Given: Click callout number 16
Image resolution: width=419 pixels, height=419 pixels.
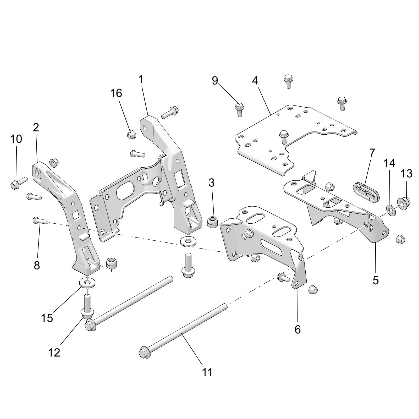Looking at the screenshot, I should (116, 93).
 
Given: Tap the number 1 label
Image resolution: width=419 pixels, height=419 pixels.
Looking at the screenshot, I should (141, 79).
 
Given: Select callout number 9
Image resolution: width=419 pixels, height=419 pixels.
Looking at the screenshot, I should (215, 81).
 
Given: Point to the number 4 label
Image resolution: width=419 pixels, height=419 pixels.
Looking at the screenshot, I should (255, 81).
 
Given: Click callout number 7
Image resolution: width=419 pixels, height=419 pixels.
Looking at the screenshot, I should (372, 152).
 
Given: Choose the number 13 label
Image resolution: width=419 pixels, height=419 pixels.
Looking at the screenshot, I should (406, 174).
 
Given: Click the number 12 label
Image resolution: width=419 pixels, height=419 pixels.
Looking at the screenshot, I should (54, 353).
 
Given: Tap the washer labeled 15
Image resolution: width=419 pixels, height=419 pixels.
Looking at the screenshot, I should (87, 283).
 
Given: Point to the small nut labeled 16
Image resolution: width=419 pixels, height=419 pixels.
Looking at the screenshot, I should (131, 135).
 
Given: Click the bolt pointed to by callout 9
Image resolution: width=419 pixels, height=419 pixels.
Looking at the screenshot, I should (239, 109).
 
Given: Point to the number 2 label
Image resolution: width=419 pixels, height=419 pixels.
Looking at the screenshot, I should (36, 128).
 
